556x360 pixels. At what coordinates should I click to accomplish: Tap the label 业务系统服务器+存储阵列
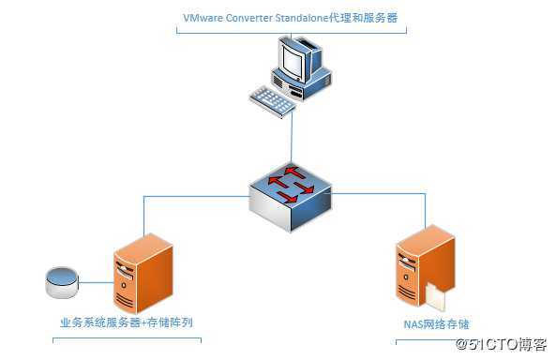(x=127, y=323)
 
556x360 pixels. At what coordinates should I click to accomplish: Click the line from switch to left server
(x=188, y=196)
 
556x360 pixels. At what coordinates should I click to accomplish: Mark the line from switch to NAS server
(x=384, y=195)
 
